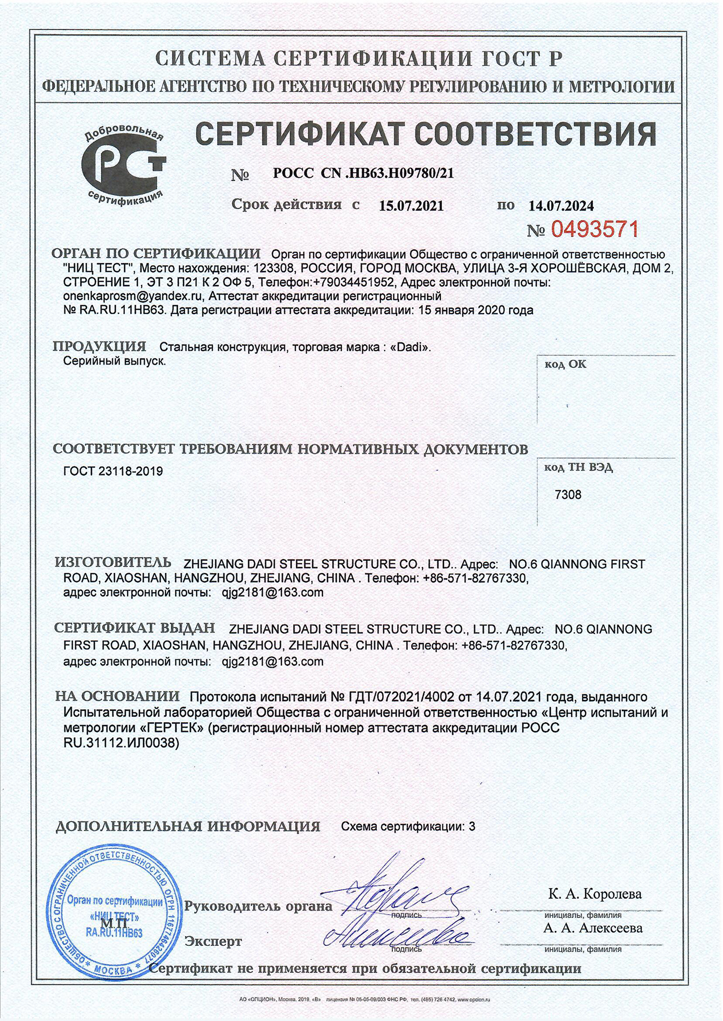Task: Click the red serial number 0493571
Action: [594, 229]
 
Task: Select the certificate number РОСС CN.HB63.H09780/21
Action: [363, 173]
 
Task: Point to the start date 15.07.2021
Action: [411, 206]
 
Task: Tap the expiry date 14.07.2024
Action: [561, 206]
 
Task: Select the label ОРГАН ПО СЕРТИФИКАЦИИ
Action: [156, 253]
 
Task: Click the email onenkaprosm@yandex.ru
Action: [133, 295]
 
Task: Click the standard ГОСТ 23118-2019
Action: [113, 471]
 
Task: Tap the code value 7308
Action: [568, 495]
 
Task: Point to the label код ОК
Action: [565, 364]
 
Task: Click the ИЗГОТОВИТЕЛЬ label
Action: [113, 562]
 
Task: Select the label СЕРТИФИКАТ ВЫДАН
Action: [134, 627]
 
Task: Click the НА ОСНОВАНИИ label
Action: [117, 696]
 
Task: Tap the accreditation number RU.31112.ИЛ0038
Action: [121, 743]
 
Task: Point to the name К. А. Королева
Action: [595, 894]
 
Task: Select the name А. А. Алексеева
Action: [593, 928]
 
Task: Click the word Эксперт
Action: [214, 941]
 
